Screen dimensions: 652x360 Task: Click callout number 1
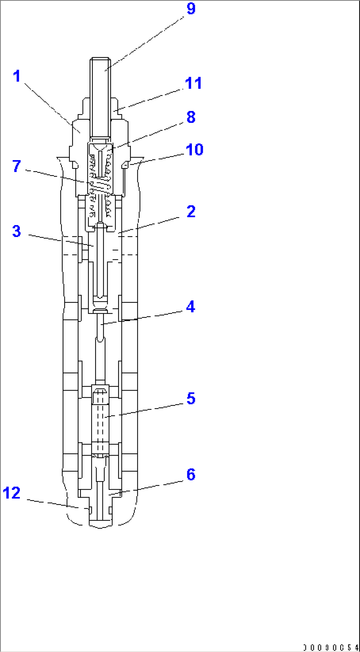(x=17, y=76)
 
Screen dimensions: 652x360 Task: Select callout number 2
(x=191, y=212)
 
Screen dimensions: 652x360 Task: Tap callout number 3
(x=17, y=231)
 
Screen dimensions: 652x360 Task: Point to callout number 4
(x=191, y=307)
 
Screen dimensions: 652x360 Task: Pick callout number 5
(x=191, y=398)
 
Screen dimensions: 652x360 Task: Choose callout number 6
(x=191, y=475)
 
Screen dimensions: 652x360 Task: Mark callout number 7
(x=17, y=166)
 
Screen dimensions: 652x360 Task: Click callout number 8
(x=191, y=117)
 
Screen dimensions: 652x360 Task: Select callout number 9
(x=191, y=9)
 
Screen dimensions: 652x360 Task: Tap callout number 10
(x=195, y=150)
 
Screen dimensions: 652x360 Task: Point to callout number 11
(x=194, y=83)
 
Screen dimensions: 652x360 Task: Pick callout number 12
(x=12, y=493)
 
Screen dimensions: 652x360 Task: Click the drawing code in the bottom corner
(x=331, y=647)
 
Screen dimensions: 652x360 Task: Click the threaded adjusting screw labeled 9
(x=100, y=99)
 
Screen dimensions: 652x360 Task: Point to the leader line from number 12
(x=53, y=504)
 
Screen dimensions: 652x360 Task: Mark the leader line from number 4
(x=145, y=317)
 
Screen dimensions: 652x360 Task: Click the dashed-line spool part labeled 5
(x=100, y=419)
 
